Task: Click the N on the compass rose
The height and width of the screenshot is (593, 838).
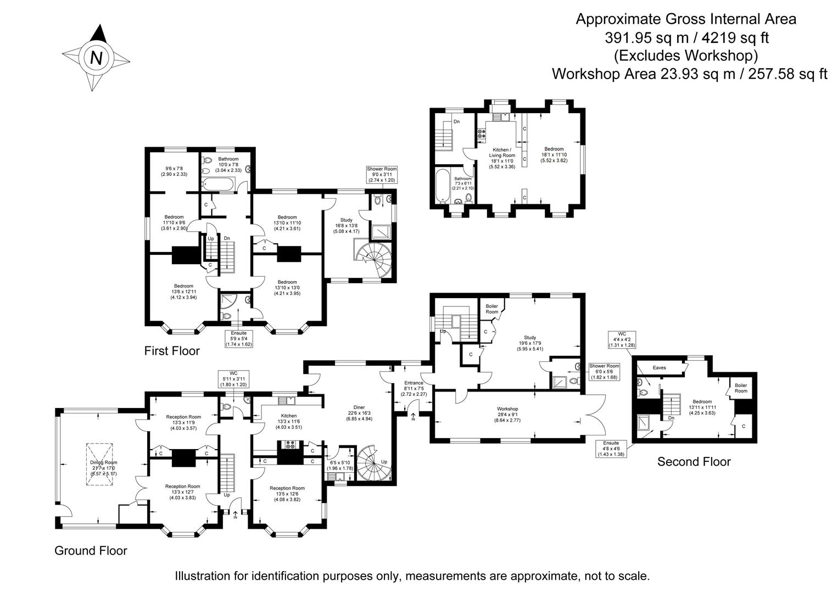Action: click(96, 58)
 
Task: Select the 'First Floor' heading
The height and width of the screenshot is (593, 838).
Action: click(172, 350)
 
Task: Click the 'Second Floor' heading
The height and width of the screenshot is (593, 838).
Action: click(694, 462)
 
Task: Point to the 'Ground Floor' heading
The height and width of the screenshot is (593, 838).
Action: click(91, 550)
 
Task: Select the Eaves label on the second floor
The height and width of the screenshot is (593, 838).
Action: click(659, 368)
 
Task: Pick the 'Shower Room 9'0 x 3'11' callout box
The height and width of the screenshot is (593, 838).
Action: click(381, 175)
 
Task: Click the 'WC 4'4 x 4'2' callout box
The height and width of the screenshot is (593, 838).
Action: click(622, 339)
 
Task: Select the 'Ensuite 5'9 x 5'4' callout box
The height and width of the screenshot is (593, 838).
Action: click(238, 338)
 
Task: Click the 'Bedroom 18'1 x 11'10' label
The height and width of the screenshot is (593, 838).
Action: click(554, 154)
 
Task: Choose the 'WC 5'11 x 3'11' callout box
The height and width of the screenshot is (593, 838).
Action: click(234, 378)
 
